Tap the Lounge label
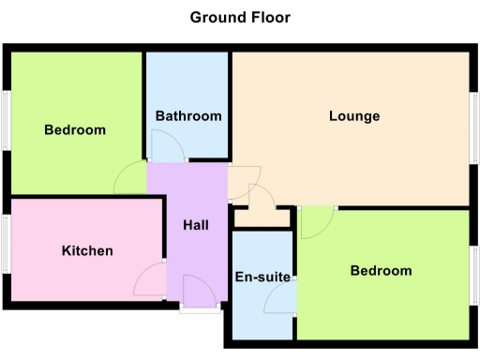click(x=354, y=116)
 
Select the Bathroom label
click(x=188, y=116)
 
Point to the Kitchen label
click(x=87, y=250)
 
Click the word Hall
click(x=195, y=225)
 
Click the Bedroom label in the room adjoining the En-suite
click(x=381, y=271)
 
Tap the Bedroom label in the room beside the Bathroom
click(x=75, y=129)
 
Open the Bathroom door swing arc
click(x=164, y=145)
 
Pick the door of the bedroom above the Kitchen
click(x=131, y=178)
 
